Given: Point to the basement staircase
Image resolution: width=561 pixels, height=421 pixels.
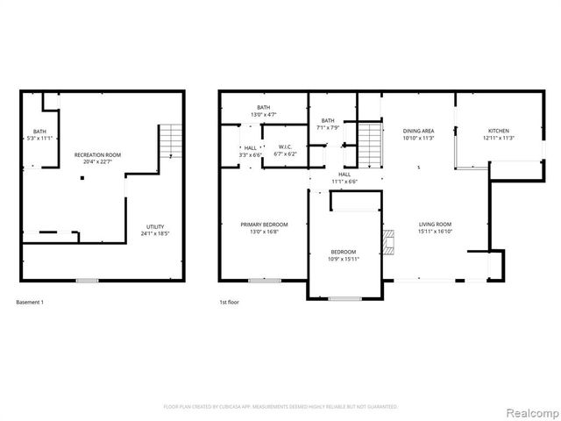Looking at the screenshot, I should click(171, 140).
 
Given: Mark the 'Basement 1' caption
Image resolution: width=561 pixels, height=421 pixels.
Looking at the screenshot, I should click(30, 302).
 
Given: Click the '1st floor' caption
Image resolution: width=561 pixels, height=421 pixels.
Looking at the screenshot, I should click(230, 302).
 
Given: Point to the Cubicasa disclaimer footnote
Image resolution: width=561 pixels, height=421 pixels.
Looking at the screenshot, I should click(280, 407).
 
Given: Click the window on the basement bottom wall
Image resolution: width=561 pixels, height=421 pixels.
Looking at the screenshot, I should click(86, 281).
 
